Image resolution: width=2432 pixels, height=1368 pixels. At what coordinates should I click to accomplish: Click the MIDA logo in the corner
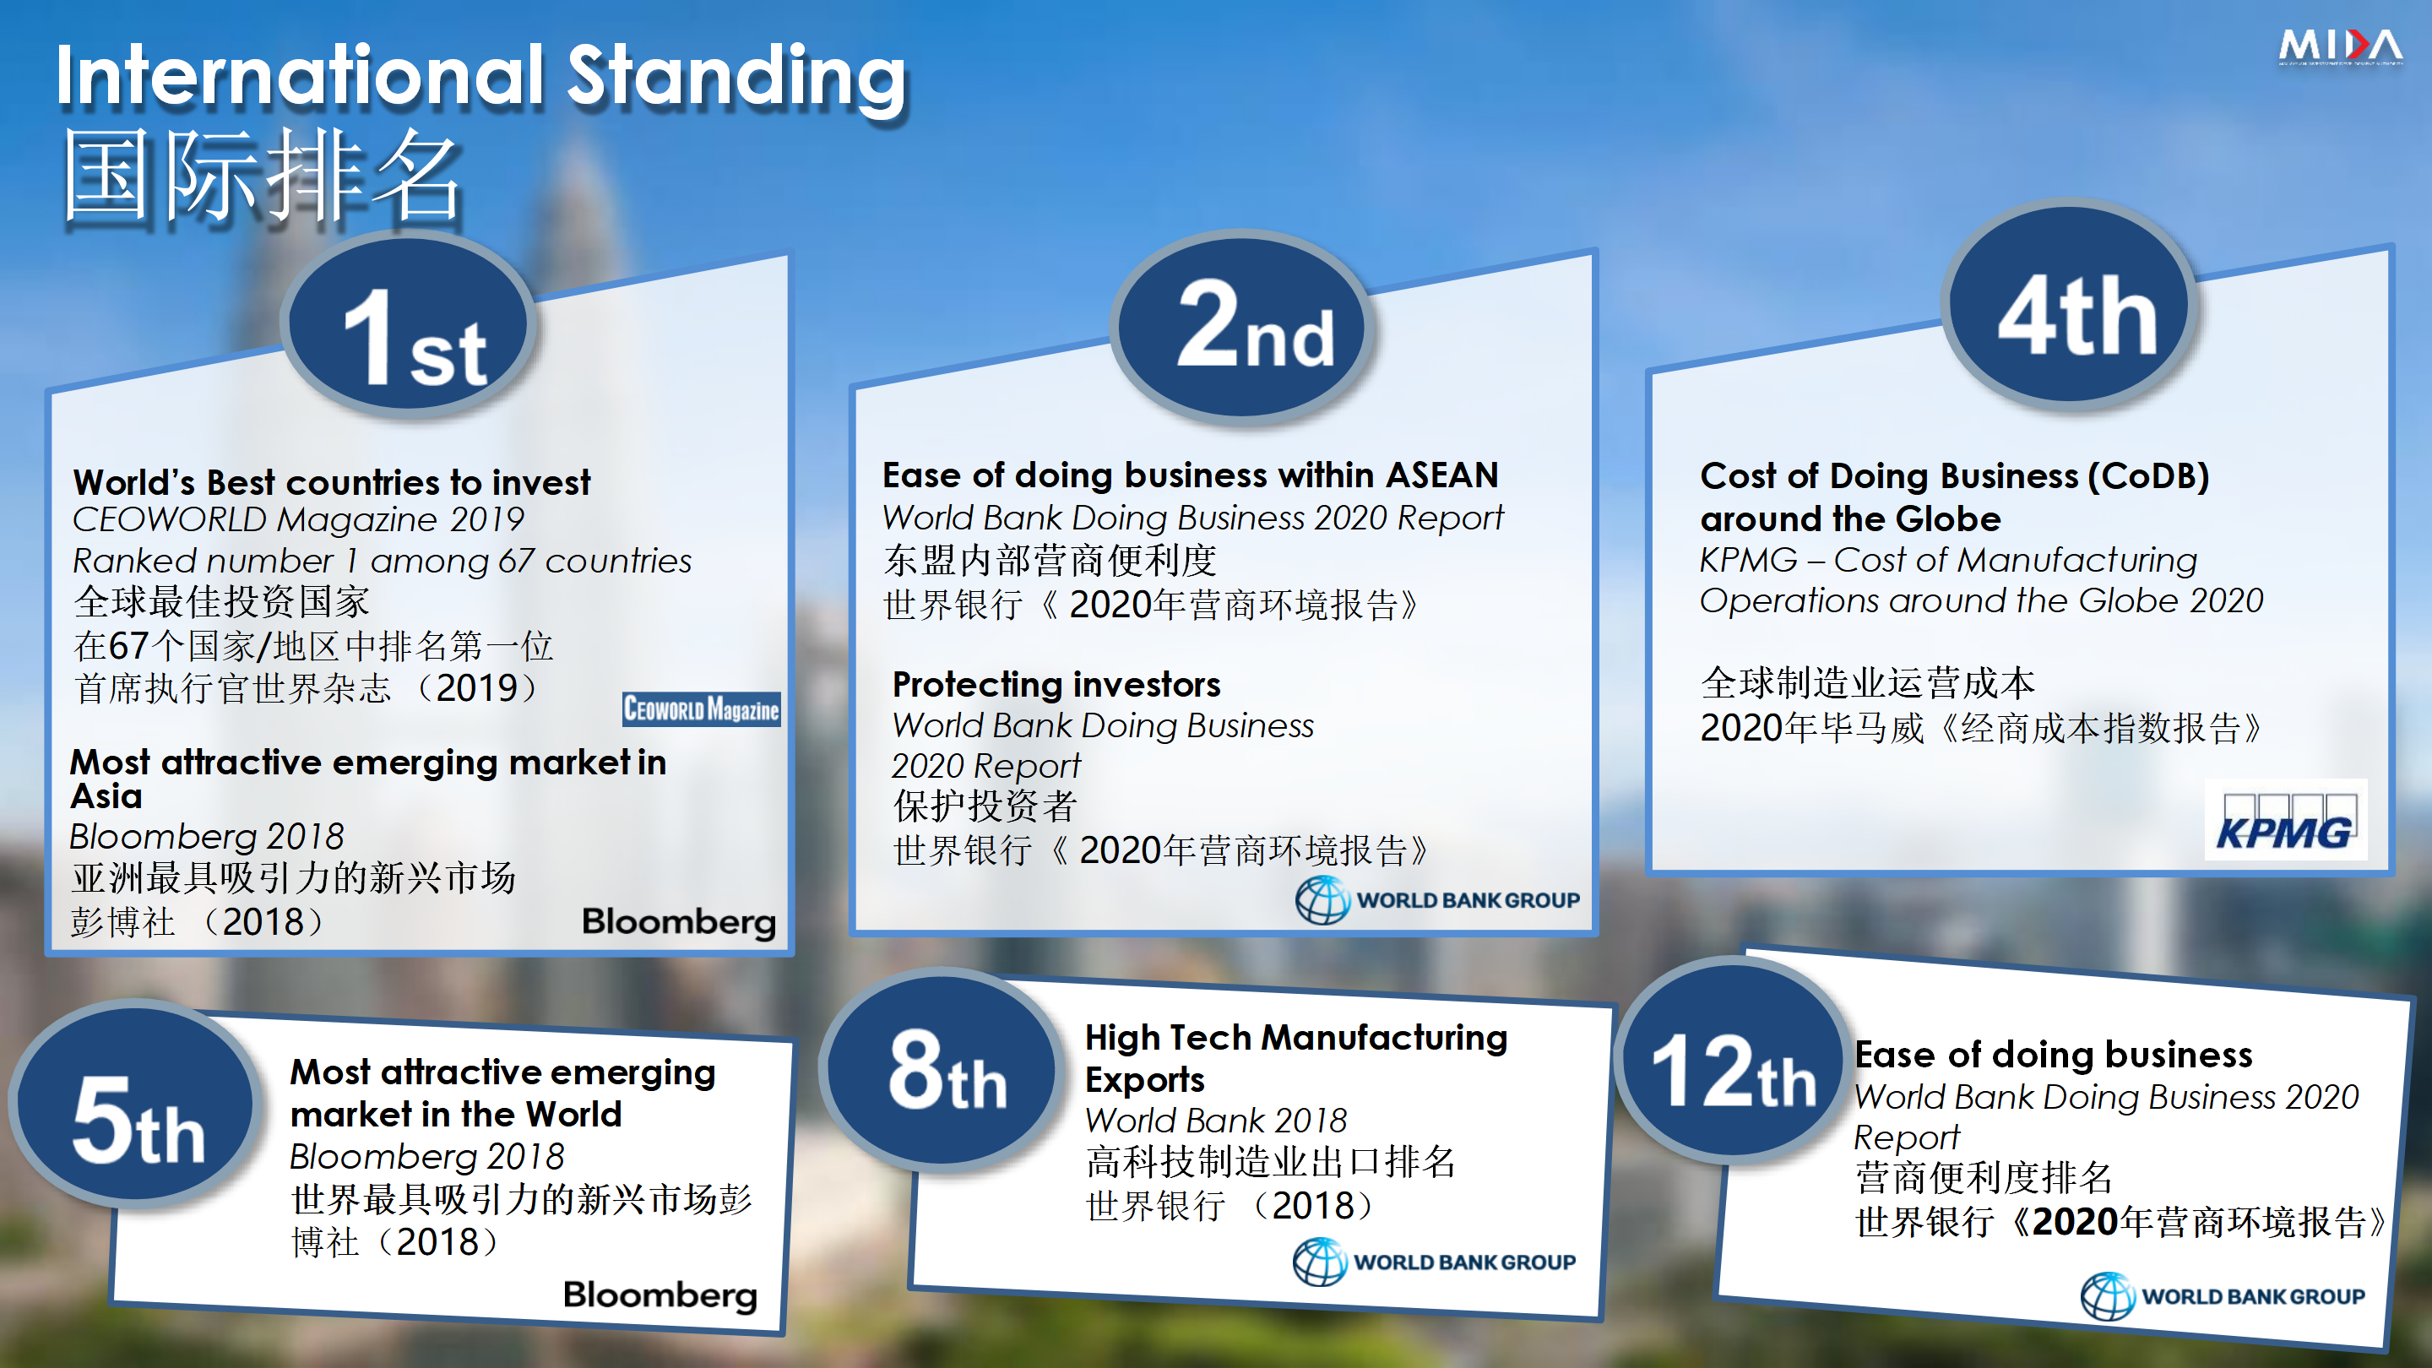click(2339, 46)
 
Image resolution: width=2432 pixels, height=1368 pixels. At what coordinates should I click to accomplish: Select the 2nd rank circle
click(1242, 325)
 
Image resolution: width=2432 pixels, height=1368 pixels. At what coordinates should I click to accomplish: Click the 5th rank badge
click(137, 1104)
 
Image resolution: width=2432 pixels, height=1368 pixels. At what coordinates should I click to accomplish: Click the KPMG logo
click(2285, 819)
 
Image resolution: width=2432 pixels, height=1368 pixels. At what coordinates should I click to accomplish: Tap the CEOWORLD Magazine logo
click(702, 709)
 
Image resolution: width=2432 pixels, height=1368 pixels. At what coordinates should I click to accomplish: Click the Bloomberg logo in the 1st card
click(679, 922)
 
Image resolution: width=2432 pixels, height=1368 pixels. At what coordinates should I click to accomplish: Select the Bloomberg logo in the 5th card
click(660, 1295)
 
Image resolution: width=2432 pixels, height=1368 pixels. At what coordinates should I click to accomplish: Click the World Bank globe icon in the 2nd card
click(1322, 899)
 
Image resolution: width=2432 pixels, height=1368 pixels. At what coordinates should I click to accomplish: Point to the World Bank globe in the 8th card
click(1319, 1262)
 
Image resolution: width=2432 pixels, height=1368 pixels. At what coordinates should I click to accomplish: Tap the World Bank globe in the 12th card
click(2107, 1296)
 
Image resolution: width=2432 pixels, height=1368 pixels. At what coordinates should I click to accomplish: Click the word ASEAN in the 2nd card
click(1441, 475)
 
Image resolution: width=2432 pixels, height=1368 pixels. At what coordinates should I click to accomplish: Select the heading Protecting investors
click(1056, 683)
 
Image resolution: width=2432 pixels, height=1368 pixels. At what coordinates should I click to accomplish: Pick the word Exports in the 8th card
click(1144, 1079)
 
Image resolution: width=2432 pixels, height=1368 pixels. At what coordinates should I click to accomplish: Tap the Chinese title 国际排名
click(262, 176)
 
